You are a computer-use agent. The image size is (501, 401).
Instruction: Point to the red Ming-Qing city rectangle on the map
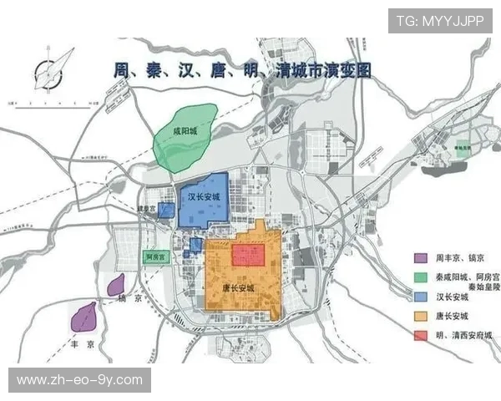[248, 254]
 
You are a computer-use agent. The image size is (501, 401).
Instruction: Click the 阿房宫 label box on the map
[156, 257]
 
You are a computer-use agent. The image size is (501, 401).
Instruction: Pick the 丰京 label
[82, 341]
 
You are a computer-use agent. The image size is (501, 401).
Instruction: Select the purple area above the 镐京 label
[116, 284]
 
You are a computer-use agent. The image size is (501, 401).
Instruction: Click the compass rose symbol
[52, 69]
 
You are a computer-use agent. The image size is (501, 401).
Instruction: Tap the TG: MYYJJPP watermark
[438, 21]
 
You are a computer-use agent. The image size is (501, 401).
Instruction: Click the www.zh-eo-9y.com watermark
[79, 380]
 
